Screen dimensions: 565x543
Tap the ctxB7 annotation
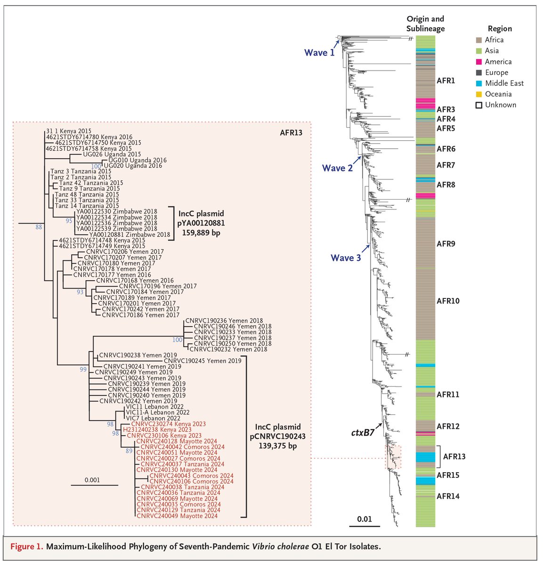pos(363,431)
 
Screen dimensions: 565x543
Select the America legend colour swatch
pos(478,62)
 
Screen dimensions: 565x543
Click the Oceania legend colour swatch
pos(478,94)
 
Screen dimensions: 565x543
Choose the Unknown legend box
pos(478,105)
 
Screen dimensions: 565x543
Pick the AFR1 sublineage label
pos(446,81)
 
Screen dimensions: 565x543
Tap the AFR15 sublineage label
pos(448,475)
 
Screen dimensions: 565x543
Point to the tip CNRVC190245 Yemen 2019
pos(203,361)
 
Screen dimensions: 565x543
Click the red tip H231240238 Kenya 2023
pos(157,430)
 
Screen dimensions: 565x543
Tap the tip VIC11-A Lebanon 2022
pos(157,412)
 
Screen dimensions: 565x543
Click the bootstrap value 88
pos(39,227)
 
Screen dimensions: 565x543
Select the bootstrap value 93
pos(80,292)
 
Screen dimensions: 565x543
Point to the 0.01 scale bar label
pos(364,519)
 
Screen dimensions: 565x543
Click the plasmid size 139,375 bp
pos(273,446)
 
